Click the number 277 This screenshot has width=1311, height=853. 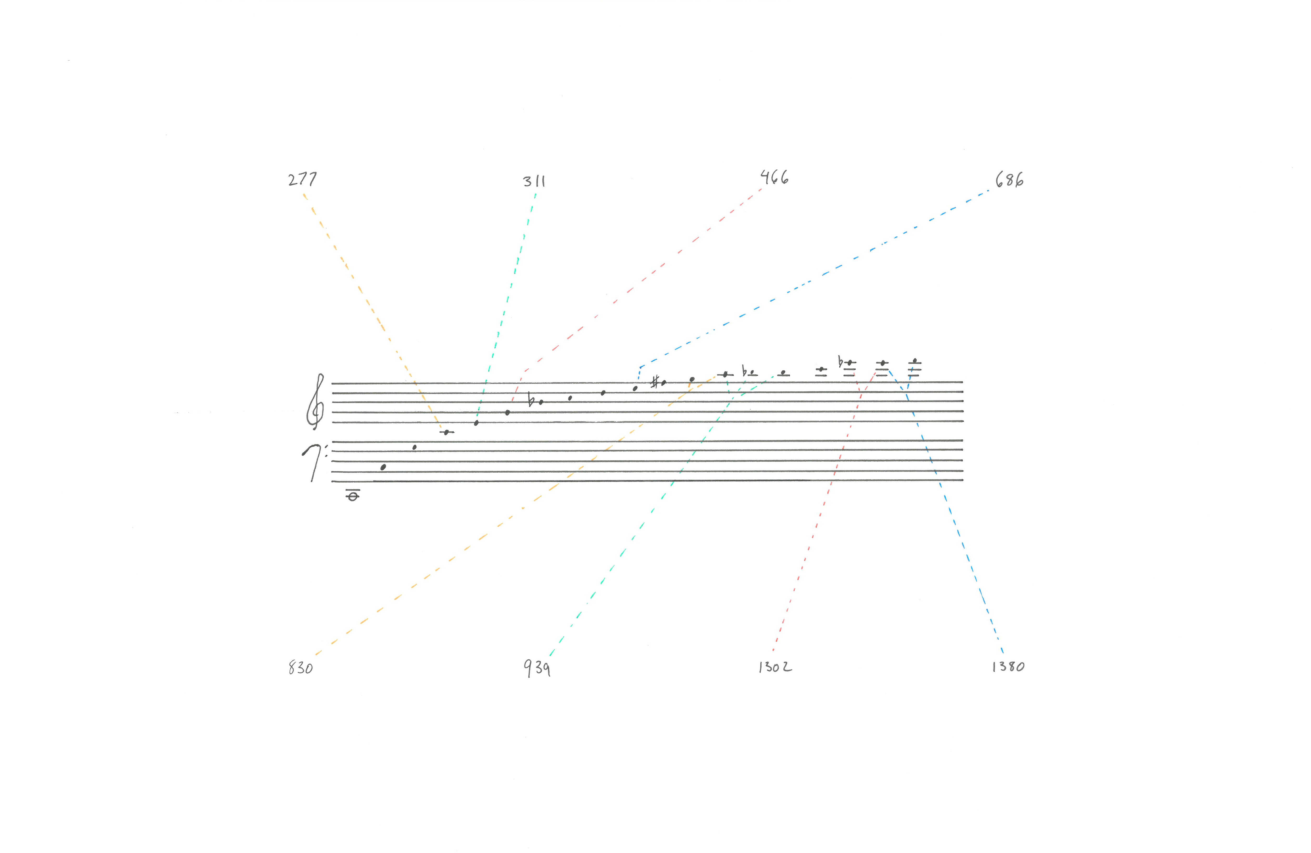(x=302, y=180)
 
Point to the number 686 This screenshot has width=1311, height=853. (x=1009, y=180)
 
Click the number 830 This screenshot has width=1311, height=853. (x=301, y=668)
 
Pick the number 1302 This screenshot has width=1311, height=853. (x=775, y=667)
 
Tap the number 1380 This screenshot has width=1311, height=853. (x=1008, y=667)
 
